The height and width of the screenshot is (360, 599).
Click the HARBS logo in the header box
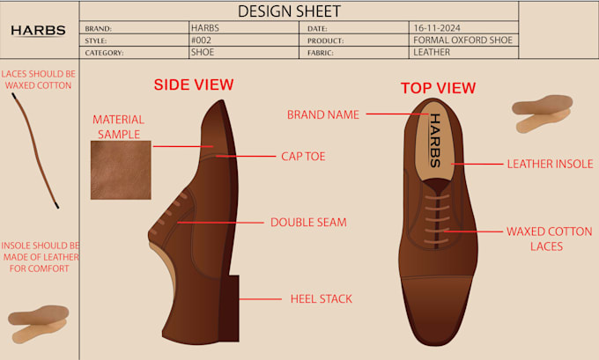click(x=38, y=31)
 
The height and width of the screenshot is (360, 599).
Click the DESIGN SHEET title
click(x=289, y=11)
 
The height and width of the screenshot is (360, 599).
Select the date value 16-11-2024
click(x=437, y=28)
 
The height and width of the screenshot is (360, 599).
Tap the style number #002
click(x=201, y=40)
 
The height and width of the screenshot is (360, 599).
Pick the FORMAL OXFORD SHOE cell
click(x=462, y=40)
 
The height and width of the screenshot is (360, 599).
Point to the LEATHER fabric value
click(x=432, y=52)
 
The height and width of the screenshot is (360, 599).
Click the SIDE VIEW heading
click(x=194, y=84)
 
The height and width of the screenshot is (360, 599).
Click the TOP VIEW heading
click(x=438, y=88)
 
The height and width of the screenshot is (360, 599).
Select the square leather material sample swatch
click(x=121, y=170)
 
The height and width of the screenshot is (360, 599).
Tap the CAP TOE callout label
click(x=303, y=157)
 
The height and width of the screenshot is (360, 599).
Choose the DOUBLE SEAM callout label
click(x=308, y=223)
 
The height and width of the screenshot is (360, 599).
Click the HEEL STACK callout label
click(x=322, y=299)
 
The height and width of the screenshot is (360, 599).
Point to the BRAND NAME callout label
click(x=322, y=114)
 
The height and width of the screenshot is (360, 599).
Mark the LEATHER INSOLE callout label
click(x=550, y=165)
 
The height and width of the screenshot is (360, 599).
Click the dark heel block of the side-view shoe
click(x=230, y=308)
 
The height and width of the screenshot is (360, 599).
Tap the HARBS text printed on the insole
click(x=435, y=141)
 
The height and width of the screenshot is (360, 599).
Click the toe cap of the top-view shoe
click(x=437, y=310)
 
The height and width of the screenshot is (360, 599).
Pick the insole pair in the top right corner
click(x=542, y=114)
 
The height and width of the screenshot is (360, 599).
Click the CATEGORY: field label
click(x=104, y=53)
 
